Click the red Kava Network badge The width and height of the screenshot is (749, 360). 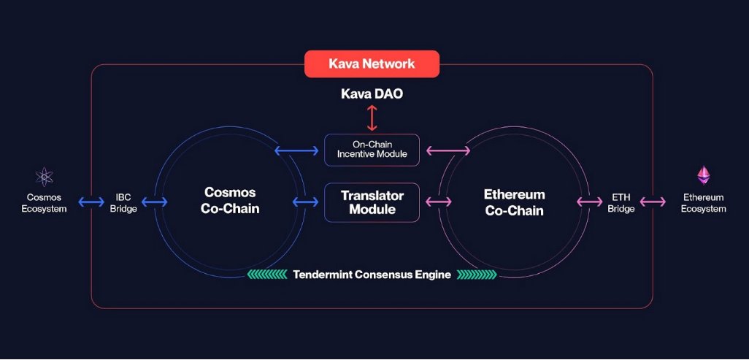[372, 64]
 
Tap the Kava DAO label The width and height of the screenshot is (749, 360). [372, 94]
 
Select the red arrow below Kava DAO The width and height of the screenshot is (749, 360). [372, 118]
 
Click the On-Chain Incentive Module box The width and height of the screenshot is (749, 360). [372, 149]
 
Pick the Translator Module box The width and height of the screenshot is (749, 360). [372, 202]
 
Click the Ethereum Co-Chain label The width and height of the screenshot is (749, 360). [515, 202]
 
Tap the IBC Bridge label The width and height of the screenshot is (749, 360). [123, 203]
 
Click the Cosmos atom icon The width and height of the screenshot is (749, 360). [45, 177]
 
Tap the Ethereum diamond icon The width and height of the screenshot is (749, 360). [704, 175]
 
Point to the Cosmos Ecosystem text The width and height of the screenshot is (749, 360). [45, 203]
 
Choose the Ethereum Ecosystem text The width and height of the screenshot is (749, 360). [704, 203]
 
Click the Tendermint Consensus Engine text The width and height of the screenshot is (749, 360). [372, 275]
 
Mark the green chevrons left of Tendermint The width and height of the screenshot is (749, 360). [267, 275]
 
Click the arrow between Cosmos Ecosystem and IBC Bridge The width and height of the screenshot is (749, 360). [91, 202]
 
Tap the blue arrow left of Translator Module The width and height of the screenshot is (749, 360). [305, 202]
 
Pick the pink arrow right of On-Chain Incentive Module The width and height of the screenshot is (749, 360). [448, 151]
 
